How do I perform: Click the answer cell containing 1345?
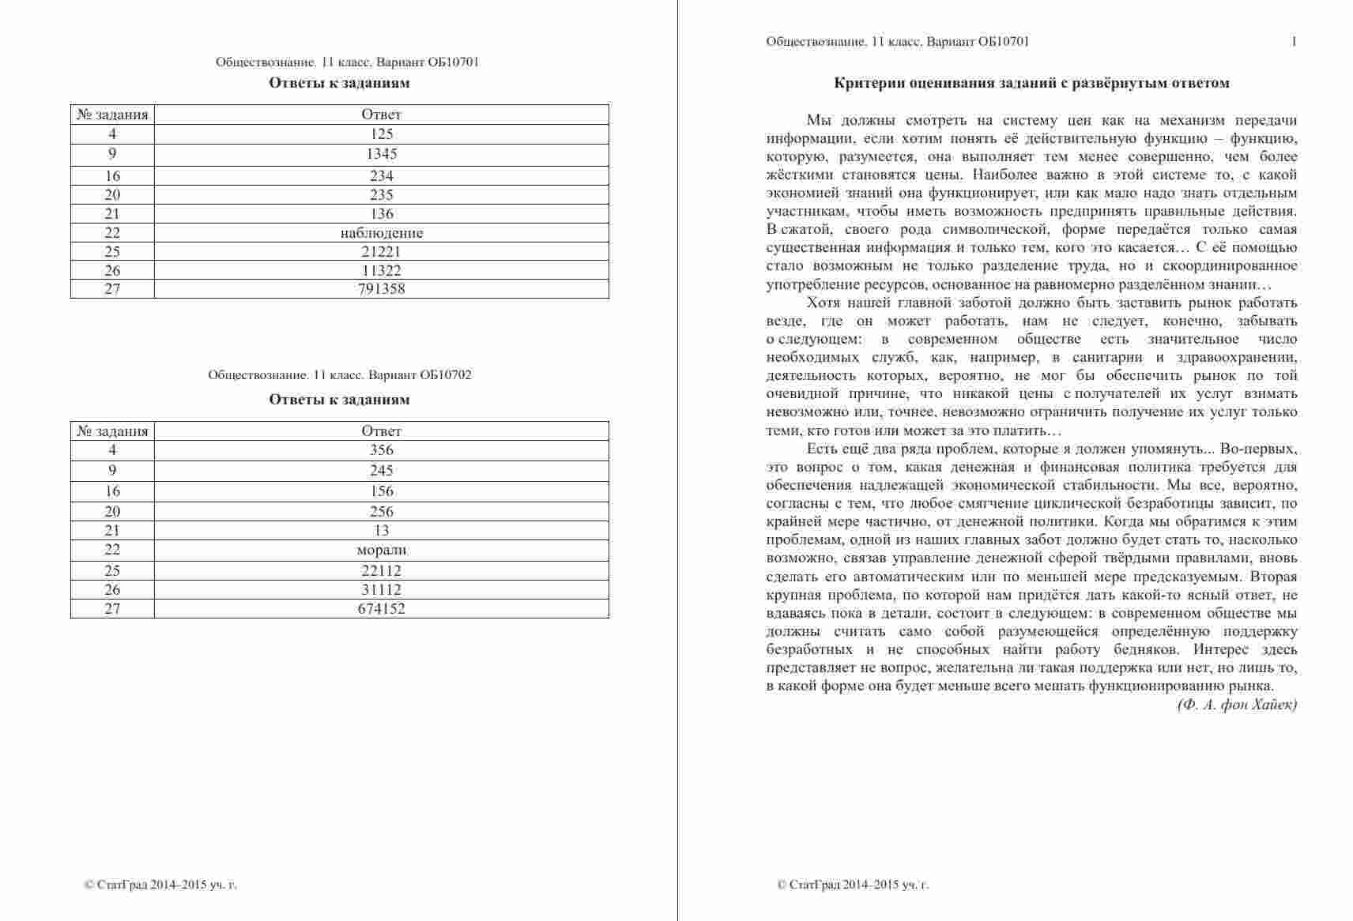point(381,155)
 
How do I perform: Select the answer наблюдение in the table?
point(381,233)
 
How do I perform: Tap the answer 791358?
point(381,289)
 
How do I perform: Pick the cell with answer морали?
point(381,550)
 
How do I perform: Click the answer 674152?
point(381,609)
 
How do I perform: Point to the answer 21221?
point(381,252)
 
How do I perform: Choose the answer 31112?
point(381,590)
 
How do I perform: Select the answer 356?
point(381,450)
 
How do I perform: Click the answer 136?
point(381,214)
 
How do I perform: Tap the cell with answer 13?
point(381,531)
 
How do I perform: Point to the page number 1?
point(1294,42)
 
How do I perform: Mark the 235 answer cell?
point(381,195)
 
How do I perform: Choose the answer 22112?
point(381,570)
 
